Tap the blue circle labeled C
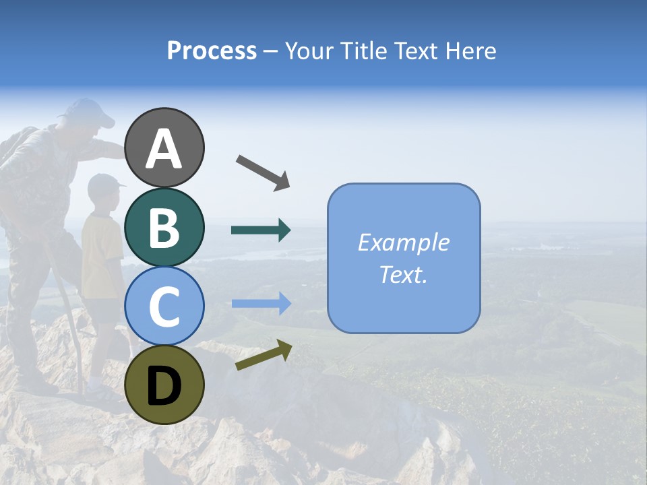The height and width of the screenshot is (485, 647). pyautogui.click(x=164, y=306)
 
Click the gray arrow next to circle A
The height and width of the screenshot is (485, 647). pyautogui.click(x=263, y=172)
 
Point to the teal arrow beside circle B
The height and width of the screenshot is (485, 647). pyautogui.click(x=261, y=230)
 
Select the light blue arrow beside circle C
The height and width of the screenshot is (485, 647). pyautogui.click(x=261, y=304)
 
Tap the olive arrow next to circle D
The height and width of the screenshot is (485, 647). pyautogui.click(x=264, y=355)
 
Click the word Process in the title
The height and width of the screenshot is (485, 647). pyautogui.click(x=212, y=51)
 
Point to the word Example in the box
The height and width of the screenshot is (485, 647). pyautogui.click(x=403, y=243)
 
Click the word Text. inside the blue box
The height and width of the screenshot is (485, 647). pyautogui.click(x=403, y=275)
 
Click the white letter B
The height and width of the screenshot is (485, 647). pyautogui.click(x=164, y=228)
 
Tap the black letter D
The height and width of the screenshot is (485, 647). pyautogui.click(x=164, y=386)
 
